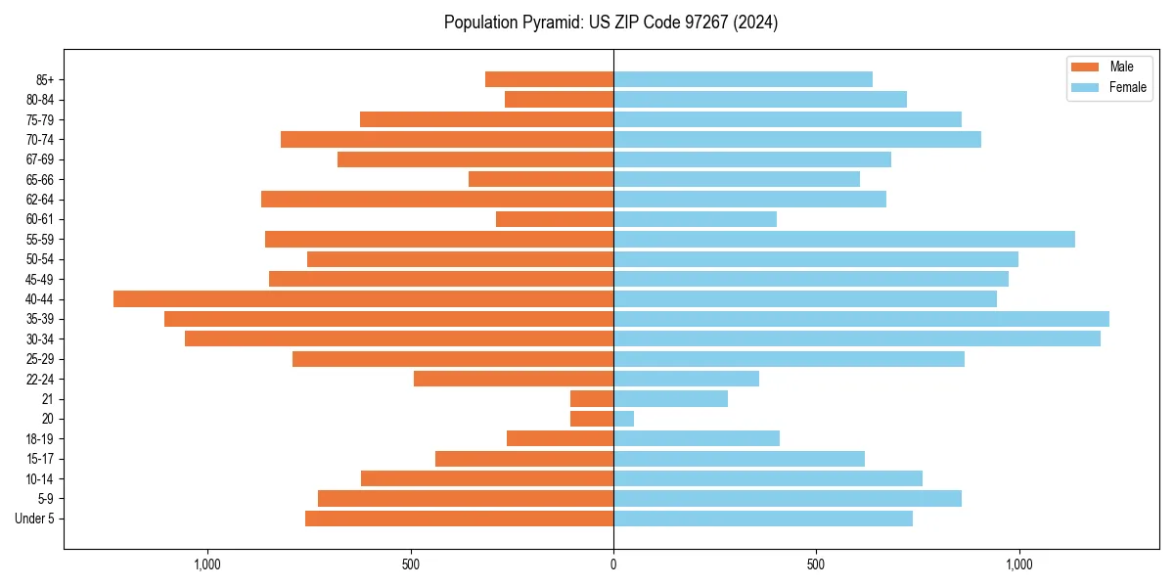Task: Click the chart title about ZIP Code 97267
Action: [x=610, y=23]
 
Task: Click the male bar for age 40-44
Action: [x=363, y=298]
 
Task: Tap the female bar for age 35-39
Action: [x=861, y=319]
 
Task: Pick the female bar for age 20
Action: [x=623, y=419]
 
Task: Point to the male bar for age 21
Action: [x=592, y=398]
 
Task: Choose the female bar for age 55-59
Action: [x=843, y=239]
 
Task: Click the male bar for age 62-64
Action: [x=437, y=199]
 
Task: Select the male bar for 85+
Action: [x=549, y=79]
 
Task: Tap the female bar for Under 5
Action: [x=763, y=519]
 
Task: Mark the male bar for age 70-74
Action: [x=447, y=139]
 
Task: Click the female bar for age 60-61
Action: [x=695, y=219]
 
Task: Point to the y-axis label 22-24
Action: [x=40, y=379]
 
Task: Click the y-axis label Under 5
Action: [x=35, y=519]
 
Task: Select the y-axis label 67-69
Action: [x=40, y=159]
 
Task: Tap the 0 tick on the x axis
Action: [x=613, y=564]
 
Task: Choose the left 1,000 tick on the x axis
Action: [x=207, y=564]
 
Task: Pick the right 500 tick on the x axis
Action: [x=816, y=564]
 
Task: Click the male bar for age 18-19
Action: [x=560, y=438]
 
